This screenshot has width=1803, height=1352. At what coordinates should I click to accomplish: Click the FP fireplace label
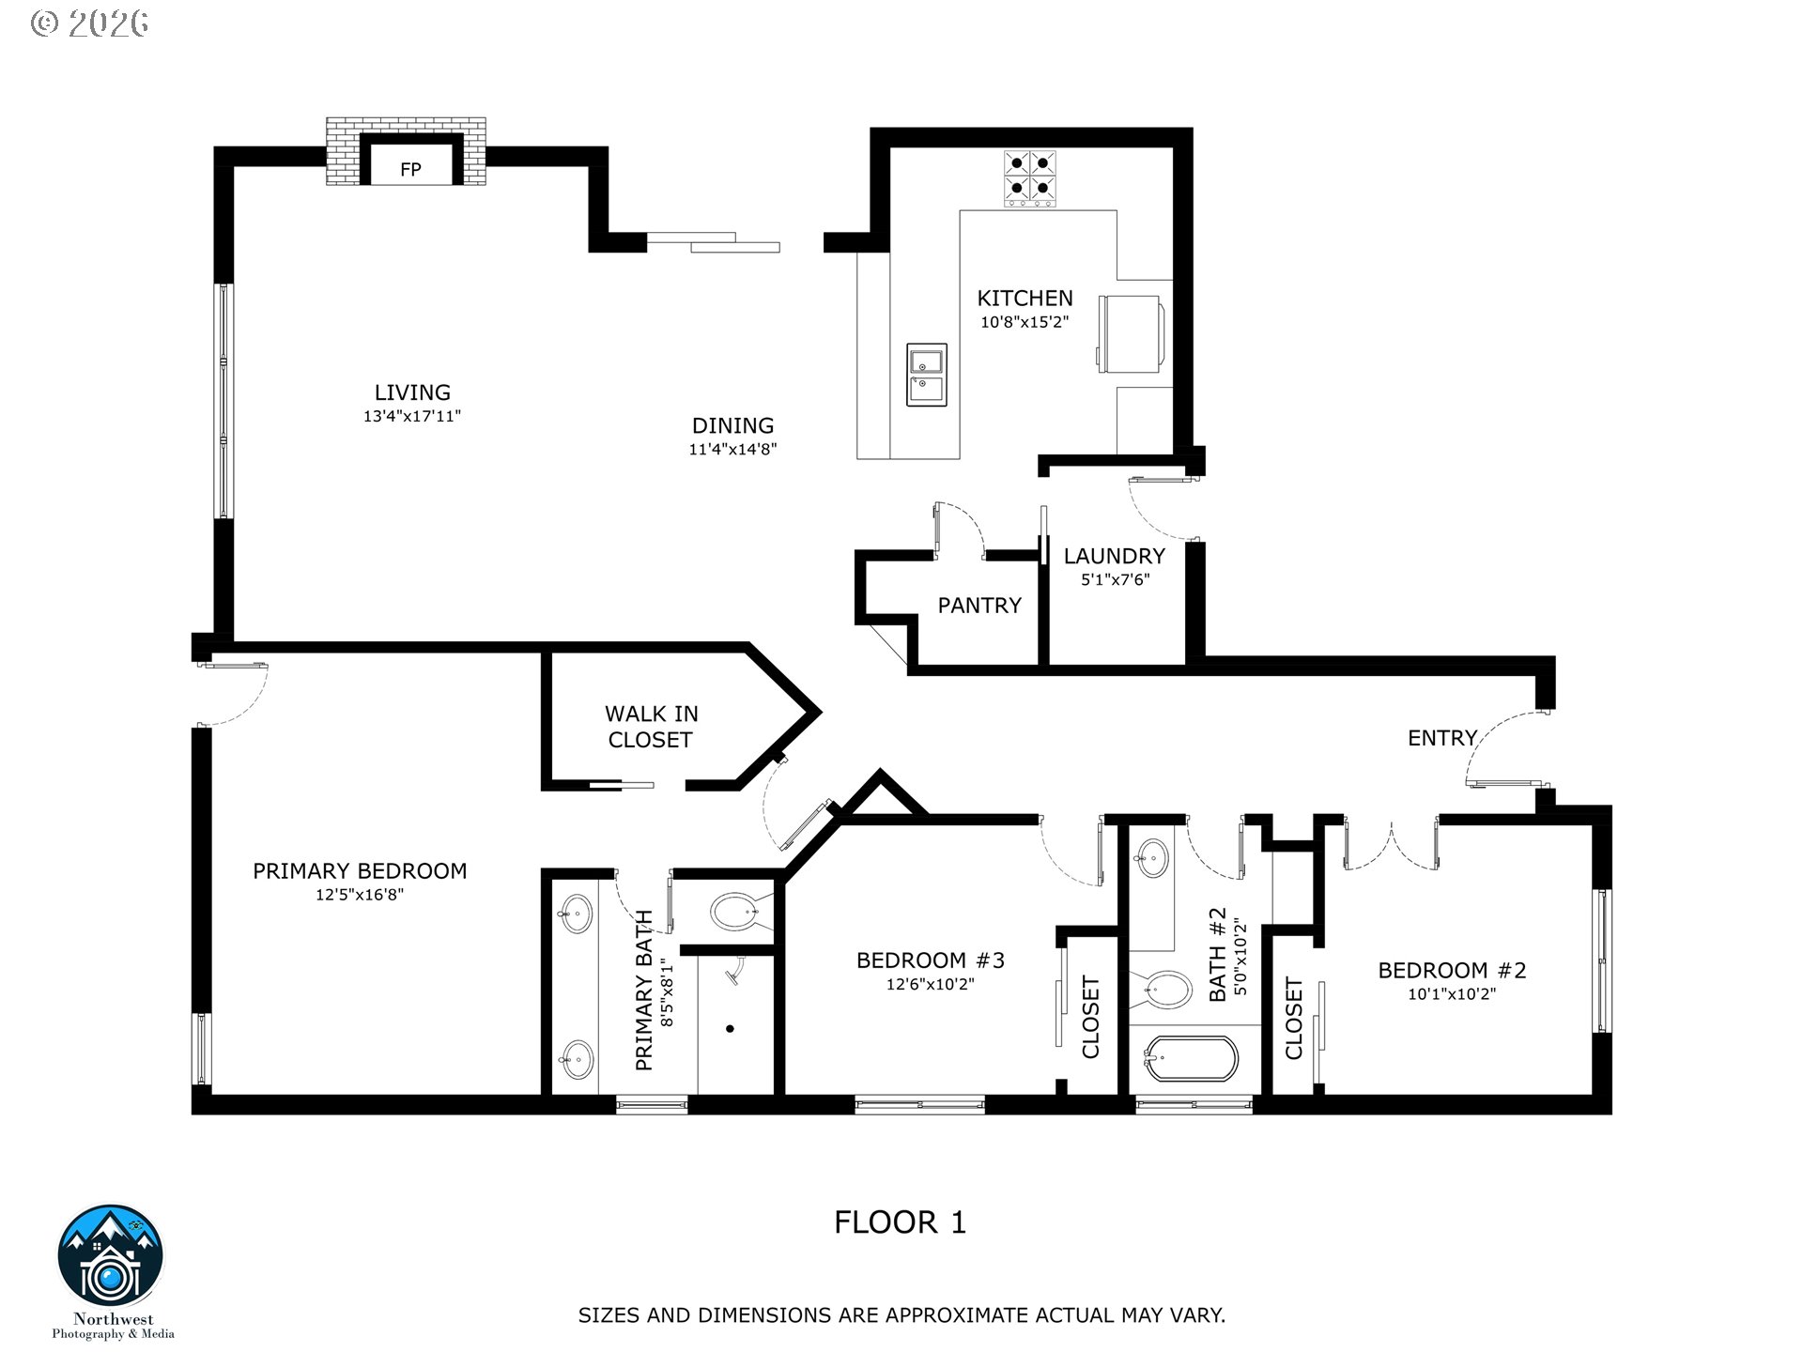tap(410, 170)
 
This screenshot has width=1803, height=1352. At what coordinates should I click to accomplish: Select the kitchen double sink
tap(927, 375)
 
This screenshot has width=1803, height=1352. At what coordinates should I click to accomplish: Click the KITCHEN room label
tap(1025, 299)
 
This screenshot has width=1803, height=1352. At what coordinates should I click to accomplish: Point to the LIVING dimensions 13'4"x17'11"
tap(412, 416)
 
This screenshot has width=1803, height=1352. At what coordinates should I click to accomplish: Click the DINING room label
tap(732, 425)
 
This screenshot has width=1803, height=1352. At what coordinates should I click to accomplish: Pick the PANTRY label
tap(979, 606)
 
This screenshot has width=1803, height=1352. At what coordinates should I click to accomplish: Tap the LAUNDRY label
tap(1114, 556)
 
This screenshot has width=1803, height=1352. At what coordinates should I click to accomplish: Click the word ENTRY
tap(1442, 738)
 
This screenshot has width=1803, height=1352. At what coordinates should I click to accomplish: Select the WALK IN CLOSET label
tap(651, 727)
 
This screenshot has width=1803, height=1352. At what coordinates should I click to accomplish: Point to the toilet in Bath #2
tap(1164, 990)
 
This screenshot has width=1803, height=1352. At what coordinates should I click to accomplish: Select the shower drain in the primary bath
tap(730, 1028)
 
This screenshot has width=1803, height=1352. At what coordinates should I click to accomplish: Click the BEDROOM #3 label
tap(931, 960)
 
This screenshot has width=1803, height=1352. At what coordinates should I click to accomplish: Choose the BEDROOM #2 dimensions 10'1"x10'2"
tap(1452, 994)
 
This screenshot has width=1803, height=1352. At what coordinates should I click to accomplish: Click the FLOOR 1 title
tap(900, 1222)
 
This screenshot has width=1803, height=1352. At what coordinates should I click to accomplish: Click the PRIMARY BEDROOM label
tap(360, 871)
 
